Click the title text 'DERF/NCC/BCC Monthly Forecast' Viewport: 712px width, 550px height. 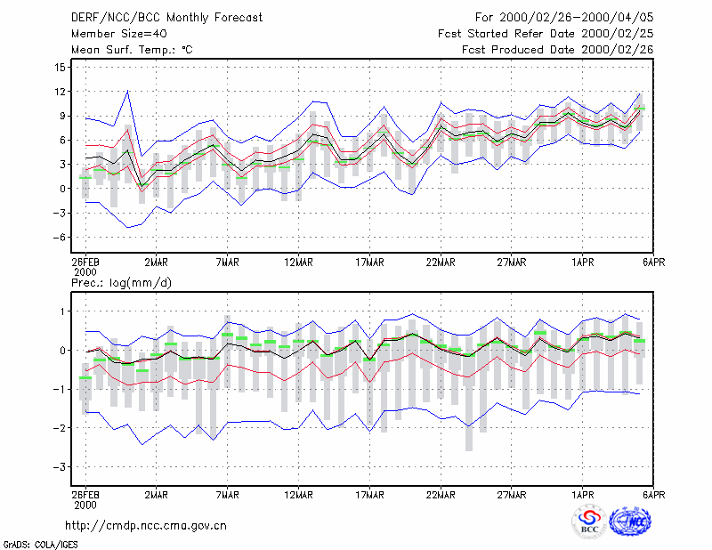[x=166, y=18]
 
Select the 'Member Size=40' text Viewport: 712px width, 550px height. [x=119, y=34]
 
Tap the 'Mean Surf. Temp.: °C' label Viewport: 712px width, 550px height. [x=132, y=50]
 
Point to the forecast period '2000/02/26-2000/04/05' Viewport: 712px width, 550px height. [x=576, y=18]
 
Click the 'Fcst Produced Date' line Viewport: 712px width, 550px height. [x=558, y=50]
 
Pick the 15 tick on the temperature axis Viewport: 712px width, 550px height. [x=61, y=68]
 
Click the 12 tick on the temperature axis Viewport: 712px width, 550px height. [x=61, y=92]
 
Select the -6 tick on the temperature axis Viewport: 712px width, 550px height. [x=59, y=237]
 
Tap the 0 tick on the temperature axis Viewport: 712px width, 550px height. [x=62, y=189]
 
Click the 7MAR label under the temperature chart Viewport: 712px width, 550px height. [x=228, y=262]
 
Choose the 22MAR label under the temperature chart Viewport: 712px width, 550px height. [x=441, y=262]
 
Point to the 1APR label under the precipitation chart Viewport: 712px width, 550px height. [x=583, y=495]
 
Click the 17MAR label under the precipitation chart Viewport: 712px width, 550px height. [x=369, y=495]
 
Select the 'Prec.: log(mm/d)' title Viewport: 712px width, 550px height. [x=121, y=283]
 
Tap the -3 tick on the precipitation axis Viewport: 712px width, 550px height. [x=59, y=467]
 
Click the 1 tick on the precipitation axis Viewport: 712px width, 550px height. [x=62, y=311]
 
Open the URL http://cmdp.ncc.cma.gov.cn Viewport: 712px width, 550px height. [x=146, y=526]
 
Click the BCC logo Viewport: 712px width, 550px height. [x=589, y=522]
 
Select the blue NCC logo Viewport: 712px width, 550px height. [x=630, y=522]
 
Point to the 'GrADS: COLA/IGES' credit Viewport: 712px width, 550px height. [x=40, y=545]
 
